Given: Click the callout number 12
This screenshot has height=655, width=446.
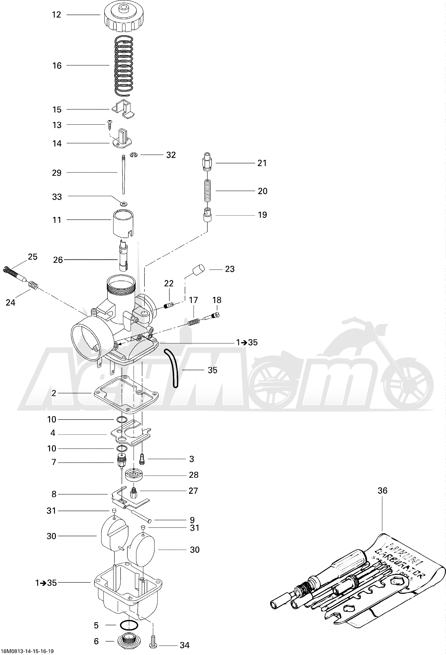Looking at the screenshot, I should (x=56, y=15).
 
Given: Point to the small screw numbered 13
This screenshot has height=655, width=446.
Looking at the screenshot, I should (x=109, y=124).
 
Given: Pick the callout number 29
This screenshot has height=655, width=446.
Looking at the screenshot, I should (x=57, y=173).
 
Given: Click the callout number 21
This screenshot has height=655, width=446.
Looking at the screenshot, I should (x=262, y=163).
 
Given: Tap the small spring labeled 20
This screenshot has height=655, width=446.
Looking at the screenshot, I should (x=208, y=191).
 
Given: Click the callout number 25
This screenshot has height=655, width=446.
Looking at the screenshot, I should (x=33, y=257).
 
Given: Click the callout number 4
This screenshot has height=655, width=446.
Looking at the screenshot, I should (x=53, y=433).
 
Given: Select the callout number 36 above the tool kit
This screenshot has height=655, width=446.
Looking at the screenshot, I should (x=382, y=491).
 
